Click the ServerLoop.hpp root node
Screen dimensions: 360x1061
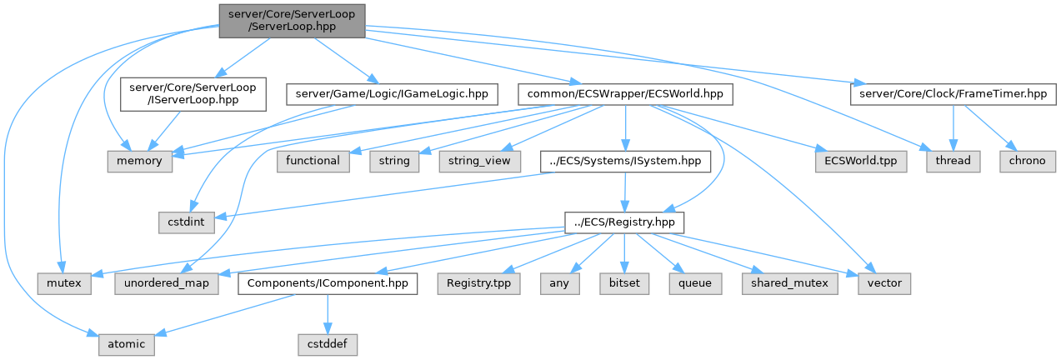point(292,19)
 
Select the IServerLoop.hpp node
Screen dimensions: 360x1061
point(192,95)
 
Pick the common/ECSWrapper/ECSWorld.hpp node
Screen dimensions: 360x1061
point(624,95)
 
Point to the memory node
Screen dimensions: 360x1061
point(139,161)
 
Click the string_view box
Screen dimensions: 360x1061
point(479,161)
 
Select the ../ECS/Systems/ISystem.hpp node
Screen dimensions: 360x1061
point(625,161)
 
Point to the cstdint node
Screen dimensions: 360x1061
point(187,222)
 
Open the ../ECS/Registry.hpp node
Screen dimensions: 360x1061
point(624,222)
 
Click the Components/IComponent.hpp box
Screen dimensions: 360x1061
point(328,284)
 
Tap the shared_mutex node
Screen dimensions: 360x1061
point(788,284)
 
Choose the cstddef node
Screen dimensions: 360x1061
point(328,344)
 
